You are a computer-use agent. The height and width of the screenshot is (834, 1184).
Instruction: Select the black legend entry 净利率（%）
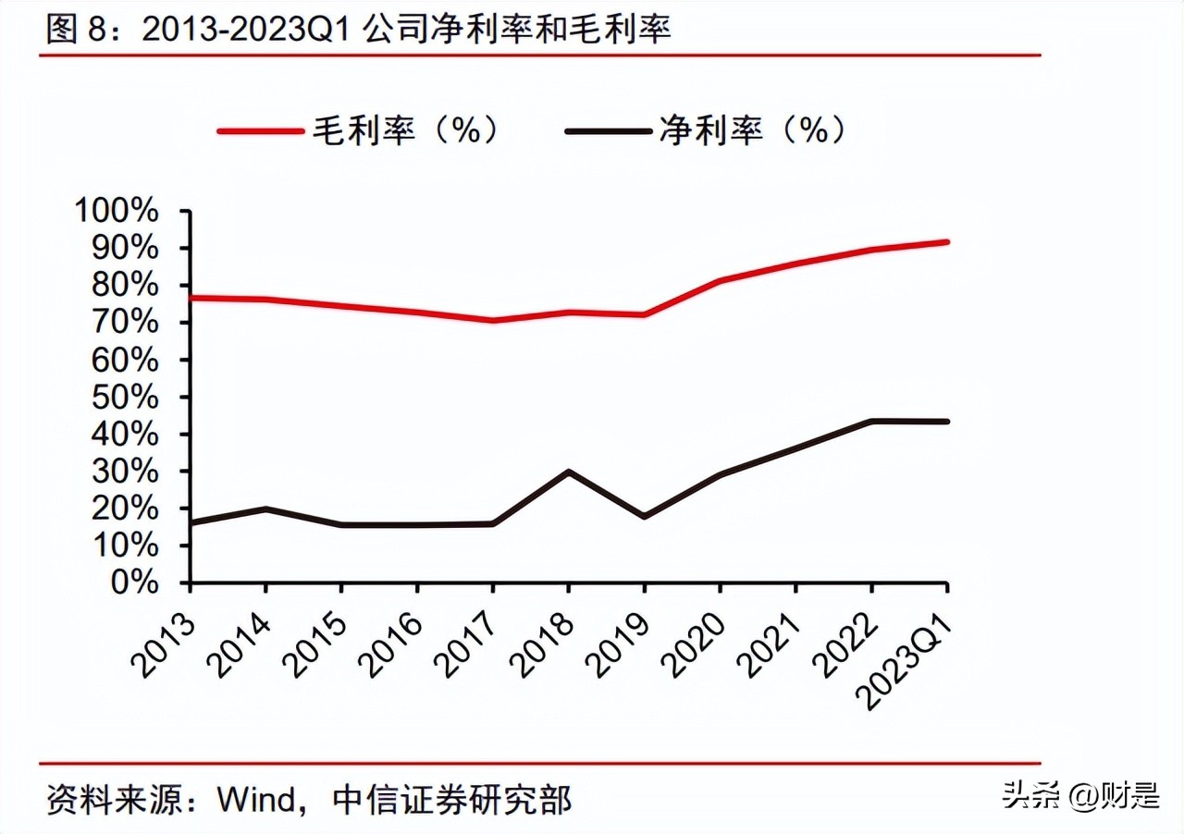(x=708, y=130)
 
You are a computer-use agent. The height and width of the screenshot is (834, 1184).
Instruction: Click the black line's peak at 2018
(x=569, y=472)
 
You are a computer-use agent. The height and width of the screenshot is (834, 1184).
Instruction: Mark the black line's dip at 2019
(x=645, y=516)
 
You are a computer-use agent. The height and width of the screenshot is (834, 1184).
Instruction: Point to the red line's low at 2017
(x=493, y=321)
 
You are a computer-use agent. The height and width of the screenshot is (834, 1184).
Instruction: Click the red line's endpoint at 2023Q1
(x=947, y=242)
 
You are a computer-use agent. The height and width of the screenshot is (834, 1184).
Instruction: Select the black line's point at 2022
(x=871, y=421)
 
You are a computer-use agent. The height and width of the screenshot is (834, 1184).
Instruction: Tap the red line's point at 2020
(x=721, y=280)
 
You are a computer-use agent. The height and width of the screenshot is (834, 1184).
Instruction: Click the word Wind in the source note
(x=256, y=799)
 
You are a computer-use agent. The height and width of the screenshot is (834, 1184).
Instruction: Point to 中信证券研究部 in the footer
(x=451, y=799)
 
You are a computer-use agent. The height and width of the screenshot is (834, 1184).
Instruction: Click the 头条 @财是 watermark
(x=1080, y=794)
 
